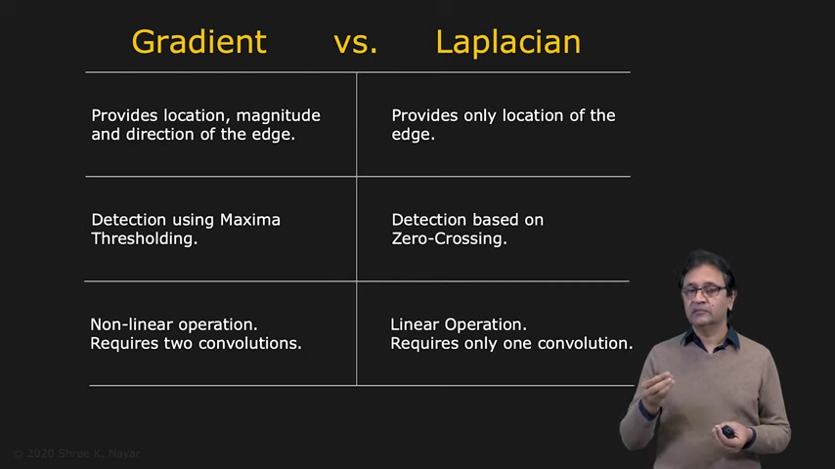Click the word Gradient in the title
pyautogui.click(x=198, y=43)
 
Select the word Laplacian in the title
pyautogui.click(x=508, y=43)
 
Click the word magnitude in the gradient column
pyautogui.click(x=278, y=116)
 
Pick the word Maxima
pyautogui.click(x=249, y=220)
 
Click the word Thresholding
pyautogui.click(x=145, y=239)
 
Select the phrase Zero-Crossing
pyautogui.click(x=449, y=238)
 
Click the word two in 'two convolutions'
pyautogui.click(x=178, y=343)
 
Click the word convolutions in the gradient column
pyautogui.click(x=249, y=343)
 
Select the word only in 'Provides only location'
pyautogui.click(x=480, y=116)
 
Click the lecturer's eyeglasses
pyautogui.click(x=705, y=292)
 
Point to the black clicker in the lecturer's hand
pyautogui.click(x=728, y=431)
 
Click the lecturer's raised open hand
pyautogui.click(x=655, y=391)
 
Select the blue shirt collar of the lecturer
pyautogui.click(x=712, y=339)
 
